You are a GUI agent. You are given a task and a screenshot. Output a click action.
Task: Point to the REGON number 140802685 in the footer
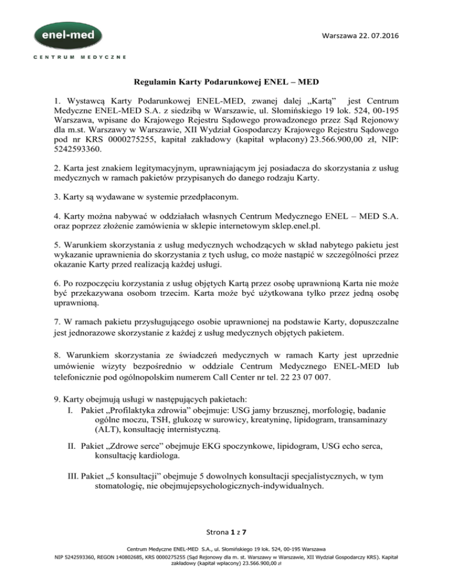click(x=135, y=572)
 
